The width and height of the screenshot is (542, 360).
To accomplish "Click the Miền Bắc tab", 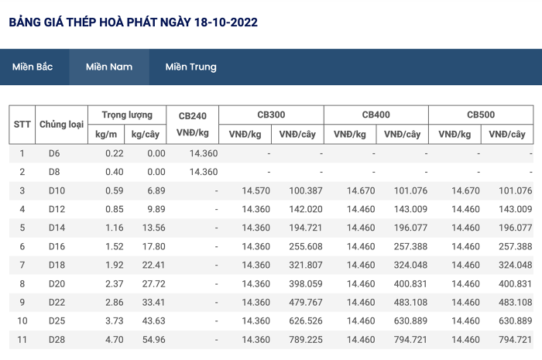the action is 33,67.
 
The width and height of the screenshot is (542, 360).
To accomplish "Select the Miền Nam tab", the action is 109,67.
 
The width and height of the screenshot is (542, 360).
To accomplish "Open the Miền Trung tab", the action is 190,67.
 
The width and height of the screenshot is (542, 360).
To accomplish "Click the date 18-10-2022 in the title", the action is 226,22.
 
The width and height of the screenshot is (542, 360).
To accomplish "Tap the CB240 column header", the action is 193,115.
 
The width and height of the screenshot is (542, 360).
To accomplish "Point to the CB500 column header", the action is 481,115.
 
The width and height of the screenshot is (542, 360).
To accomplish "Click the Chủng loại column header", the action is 61,125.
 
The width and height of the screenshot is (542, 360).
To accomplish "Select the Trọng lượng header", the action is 127,115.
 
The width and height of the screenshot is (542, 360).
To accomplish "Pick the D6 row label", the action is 54,153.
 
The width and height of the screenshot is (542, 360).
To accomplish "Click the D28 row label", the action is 57,340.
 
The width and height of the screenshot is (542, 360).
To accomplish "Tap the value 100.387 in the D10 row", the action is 306,190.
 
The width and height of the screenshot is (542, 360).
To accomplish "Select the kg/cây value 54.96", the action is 154,340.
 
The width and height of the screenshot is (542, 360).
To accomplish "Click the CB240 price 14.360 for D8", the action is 204,172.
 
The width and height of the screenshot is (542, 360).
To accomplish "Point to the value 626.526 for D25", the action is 306,321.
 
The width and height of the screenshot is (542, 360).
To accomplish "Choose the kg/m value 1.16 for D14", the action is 115,228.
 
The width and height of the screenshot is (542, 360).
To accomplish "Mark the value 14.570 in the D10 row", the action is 256,190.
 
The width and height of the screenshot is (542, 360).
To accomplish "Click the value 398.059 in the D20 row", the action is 306,284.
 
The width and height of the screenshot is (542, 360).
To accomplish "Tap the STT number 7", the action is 22,266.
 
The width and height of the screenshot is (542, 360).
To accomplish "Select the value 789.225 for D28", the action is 306,340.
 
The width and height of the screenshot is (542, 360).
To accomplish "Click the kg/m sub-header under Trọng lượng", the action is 106,135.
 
